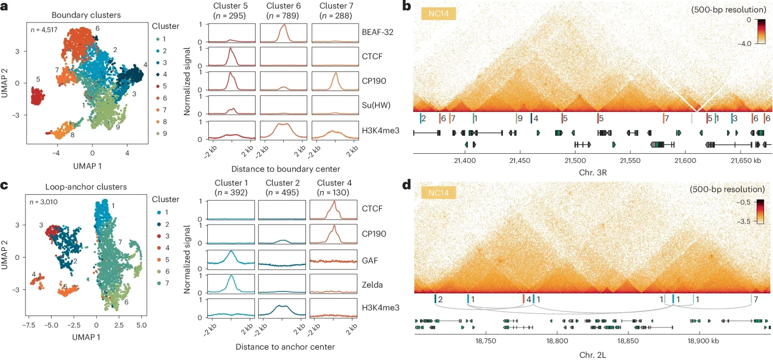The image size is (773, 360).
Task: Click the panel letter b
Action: [406, 6]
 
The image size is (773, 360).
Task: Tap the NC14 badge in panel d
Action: [438, 193]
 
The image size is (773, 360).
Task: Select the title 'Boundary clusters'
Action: [86, 15]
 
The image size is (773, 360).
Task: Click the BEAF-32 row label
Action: [377, 32]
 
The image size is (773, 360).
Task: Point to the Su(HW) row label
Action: [376, 105]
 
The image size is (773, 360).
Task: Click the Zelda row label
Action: [372, 285]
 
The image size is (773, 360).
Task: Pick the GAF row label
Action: [370, 261]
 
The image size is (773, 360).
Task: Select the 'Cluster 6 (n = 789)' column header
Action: [283, 11]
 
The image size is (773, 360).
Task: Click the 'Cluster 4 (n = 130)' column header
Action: [334, 188]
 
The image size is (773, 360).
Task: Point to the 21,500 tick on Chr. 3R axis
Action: [575, 160]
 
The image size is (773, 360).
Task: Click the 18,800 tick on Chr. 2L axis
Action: [557, 341]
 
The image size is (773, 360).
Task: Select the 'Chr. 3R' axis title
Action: [592, 173]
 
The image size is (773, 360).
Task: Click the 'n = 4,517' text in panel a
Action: [44, 30]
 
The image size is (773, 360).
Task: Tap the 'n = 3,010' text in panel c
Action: [43, 202]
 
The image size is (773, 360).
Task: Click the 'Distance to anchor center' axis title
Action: [285, 347]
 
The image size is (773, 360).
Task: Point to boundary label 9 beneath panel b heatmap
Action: [520, 118]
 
